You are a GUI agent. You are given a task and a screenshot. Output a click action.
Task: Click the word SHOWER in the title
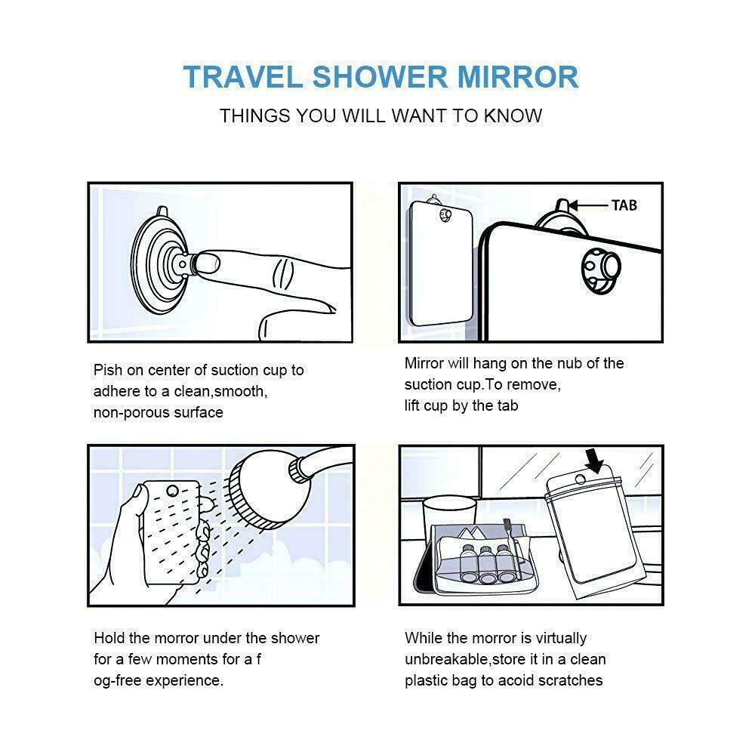380,77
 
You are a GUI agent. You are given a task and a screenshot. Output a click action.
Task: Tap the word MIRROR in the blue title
518,77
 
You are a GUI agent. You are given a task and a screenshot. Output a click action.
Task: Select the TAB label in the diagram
624,205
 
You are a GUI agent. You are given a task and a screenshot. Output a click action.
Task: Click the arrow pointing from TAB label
588,205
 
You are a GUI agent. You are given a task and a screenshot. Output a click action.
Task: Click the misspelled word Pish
108,370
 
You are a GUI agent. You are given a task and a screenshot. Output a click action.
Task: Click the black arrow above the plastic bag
595,461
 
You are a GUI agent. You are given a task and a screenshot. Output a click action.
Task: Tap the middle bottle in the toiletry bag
486,563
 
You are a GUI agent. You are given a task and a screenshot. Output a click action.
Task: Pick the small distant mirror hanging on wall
439,263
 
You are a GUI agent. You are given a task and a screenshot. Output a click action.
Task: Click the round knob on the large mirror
602,271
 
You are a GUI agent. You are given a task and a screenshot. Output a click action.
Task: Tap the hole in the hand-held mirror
172,492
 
